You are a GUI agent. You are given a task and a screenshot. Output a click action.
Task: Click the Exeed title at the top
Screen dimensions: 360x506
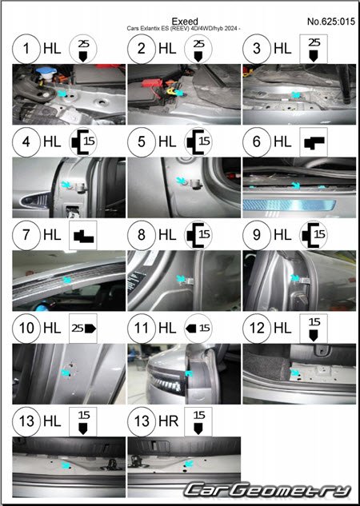[185, 22]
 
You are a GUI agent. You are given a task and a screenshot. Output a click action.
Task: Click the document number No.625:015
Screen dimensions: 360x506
[331, 22]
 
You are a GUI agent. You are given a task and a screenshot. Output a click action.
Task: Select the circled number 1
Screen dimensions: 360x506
[26, 49]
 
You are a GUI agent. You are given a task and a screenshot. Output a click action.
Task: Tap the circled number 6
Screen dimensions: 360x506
[257, 142]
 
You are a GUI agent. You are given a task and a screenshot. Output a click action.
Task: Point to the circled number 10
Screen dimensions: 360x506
[26, 329]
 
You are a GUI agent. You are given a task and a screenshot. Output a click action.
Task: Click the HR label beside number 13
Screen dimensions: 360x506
[168, 421]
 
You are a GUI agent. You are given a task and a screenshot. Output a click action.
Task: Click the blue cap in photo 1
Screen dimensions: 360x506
[46, 70]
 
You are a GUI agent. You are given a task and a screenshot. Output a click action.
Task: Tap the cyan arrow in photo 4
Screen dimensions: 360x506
[66, 185]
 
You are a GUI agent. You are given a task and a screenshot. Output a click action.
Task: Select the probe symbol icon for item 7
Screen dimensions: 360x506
[83, 235]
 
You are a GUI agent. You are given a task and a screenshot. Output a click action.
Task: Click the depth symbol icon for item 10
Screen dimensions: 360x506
[83, 329]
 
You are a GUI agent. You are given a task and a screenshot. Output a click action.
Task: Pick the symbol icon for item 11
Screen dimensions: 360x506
[198, 329]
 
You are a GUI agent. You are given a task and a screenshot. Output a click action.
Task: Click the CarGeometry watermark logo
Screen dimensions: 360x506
[267, 491]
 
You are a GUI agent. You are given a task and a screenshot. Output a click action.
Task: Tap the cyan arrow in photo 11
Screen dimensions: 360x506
[189, 373]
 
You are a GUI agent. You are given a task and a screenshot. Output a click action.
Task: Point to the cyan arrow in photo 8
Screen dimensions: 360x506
[181, 278]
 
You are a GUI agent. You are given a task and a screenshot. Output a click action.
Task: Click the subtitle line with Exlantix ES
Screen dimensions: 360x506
[183, 29]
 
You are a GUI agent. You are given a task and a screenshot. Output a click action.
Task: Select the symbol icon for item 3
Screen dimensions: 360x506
[314, 49]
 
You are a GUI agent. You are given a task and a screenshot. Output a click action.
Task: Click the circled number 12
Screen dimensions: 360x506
[257, 329]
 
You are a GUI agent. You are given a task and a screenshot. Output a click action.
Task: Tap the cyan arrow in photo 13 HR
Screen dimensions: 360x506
[190, 464]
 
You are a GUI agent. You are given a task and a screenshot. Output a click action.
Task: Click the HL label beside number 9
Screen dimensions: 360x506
[282, 235]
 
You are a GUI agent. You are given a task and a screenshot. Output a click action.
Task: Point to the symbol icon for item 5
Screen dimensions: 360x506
[198, 142]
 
